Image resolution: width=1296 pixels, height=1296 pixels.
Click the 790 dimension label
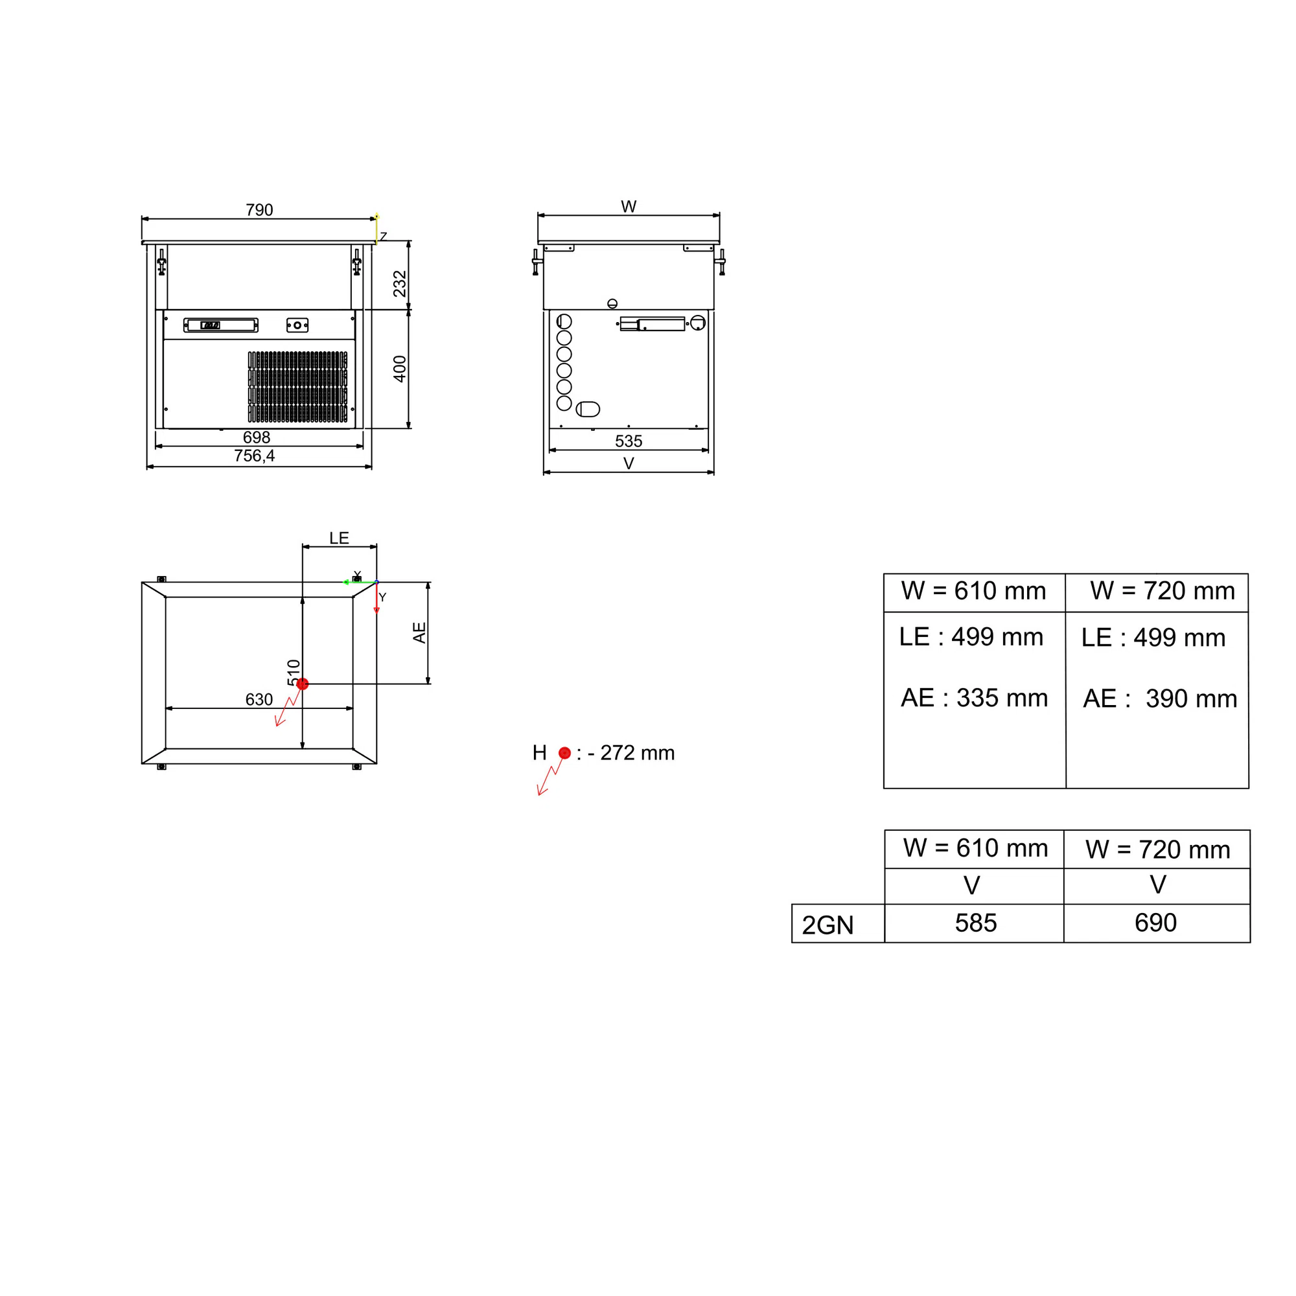[x=259, y=210]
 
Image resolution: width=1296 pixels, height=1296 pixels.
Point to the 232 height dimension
[x=400, y=284]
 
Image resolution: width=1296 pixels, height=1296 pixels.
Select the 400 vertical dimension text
[x=400, y=369]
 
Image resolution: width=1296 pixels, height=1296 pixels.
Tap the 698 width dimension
[x=256, y=437]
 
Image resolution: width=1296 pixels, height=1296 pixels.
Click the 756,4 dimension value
[x=254, y=456]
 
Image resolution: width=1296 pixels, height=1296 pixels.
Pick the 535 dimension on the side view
[x=629, y=441]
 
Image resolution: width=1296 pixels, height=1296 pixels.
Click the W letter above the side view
[x=629, y=207]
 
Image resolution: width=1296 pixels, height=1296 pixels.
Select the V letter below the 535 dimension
[x=629, y=463]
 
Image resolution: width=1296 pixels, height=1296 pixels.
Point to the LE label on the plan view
[x=339, y=538]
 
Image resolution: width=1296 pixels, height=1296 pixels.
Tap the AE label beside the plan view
[x=419, y=632]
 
